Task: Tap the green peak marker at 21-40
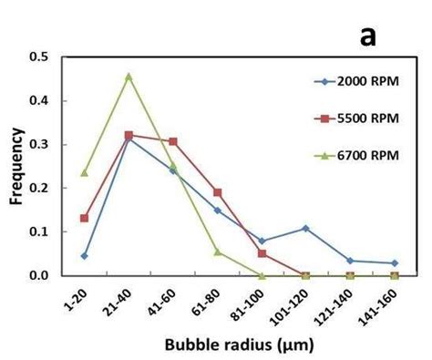[x=129, y=77]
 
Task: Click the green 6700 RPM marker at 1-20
[x=85, y=172]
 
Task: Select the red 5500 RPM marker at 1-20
[x=85, y=218]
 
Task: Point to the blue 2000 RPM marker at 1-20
[x=85, y=256]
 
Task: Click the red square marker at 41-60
[x=173, y=141]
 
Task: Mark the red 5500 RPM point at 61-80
[x=217, y=192]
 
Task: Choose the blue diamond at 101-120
[x=306, y=228]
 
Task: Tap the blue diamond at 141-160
[x=395, y=262]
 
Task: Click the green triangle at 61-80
[x=217, y=252]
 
